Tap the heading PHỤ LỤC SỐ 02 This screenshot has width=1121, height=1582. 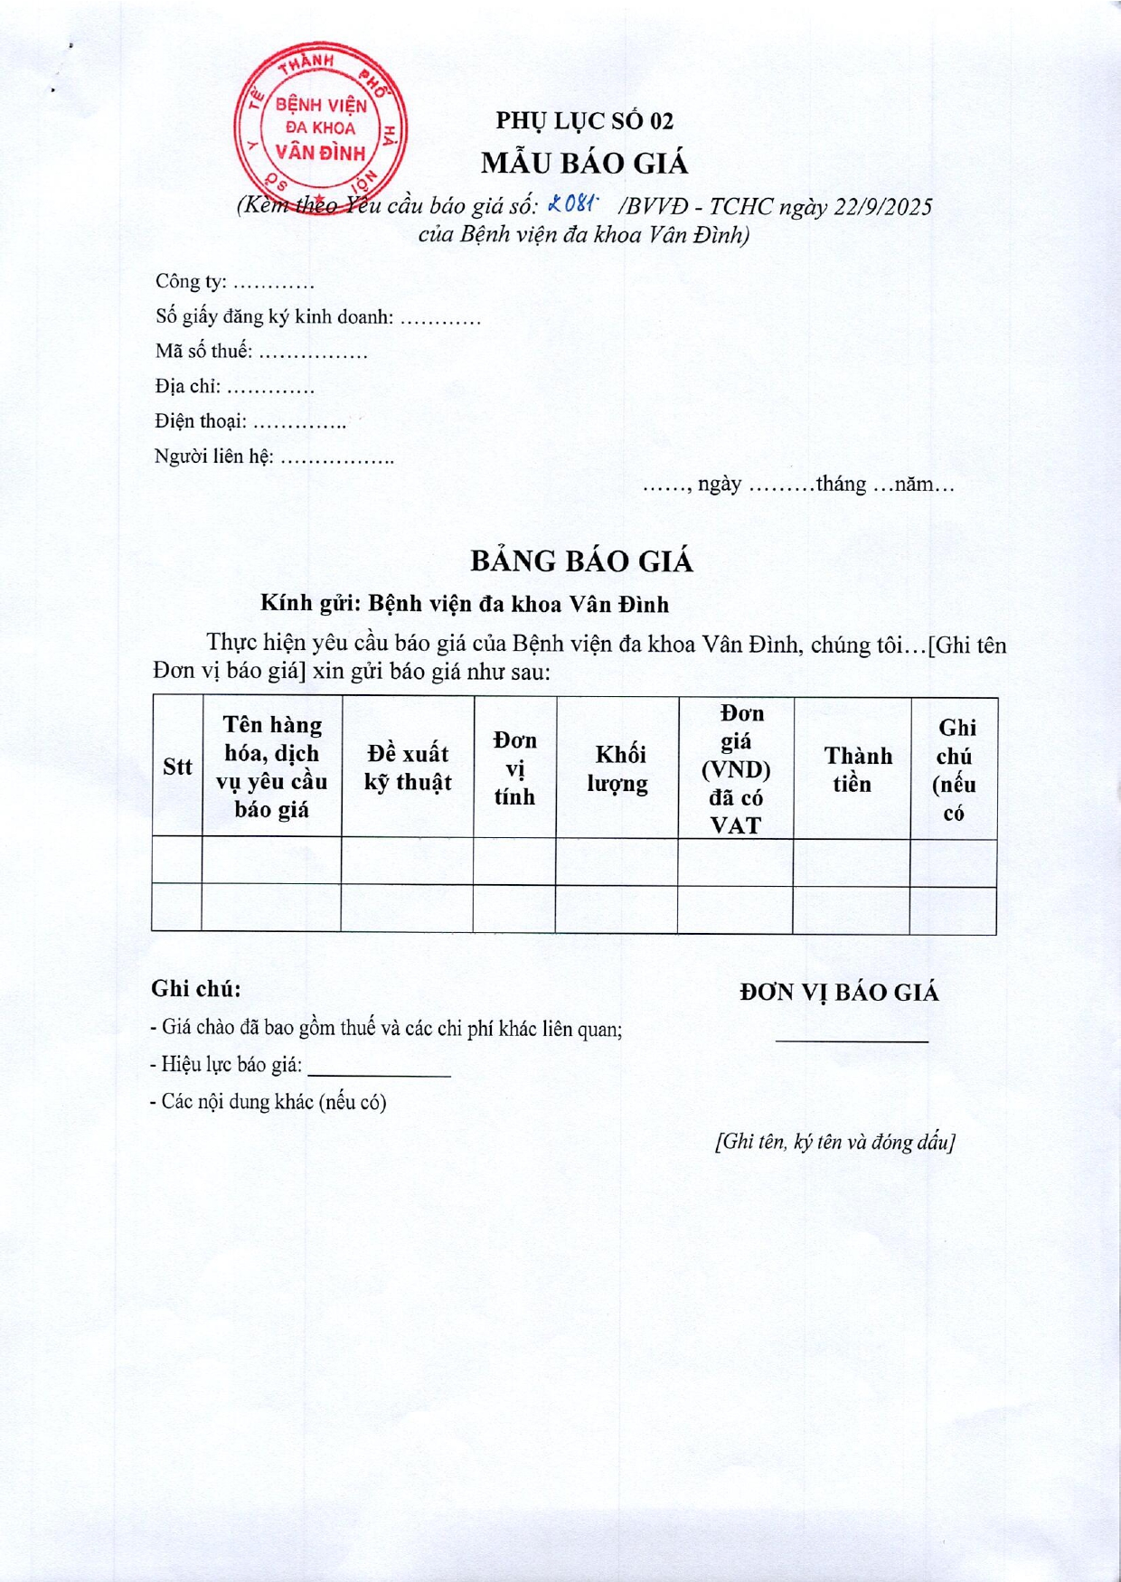coord(584,120)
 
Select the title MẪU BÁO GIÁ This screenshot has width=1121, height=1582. coord(584,164)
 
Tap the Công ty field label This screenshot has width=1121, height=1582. coord(191,282)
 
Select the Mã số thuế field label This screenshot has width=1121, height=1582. coord(203,352)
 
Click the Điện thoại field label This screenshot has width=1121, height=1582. coord(200,421)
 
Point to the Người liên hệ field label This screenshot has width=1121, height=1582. coord(213,457)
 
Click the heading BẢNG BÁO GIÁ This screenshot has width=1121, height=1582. coord(581,561)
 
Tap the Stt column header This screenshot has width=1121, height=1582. coord(177,767)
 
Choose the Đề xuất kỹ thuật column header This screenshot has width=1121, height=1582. coord(408,767)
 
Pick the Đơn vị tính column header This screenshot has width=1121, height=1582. coord(514,767)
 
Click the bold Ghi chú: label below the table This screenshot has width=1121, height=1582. coord(196,989)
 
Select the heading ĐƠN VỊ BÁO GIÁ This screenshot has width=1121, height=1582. coord(839,993)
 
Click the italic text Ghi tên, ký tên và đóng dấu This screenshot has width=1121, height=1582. coord(834,1142)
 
